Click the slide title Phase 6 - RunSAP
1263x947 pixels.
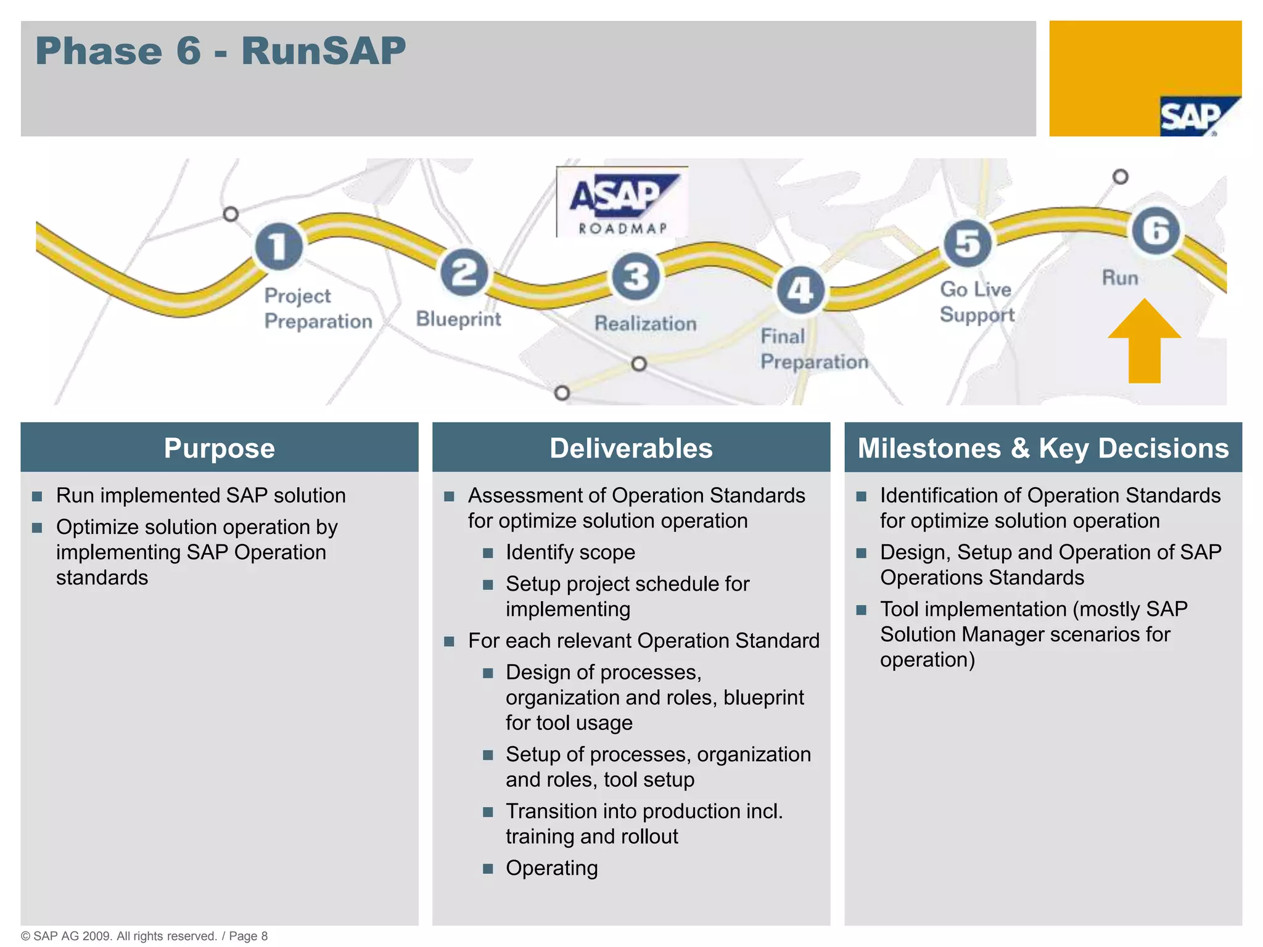[220, 51]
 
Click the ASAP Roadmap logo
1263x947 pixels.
[622, 202]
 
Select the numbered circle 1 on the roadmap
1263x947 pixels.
[279, 246]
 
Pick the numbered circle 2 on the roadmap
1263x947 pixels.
[464, 273]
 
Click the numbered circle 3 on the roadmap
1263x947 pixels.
[635, 276]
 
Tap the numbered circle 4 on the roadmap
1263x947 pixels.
[800, 290]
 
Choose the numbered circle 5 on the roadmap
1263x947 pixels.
[968, 243]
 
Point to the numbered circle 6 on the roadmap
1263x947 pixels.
[1156, 231]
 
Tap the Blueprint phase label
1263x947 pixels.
[458, 319]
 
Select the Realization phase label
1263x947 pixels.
[645, 324]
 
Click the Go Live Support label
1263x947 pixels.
[976, 302]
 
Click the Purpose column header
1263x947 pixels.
[220, 448]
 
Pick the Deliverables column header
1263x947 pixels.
[631, 448]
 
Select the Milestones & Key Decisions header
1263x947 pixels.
[1043, 448]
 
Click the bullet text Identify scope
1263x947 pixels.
[570, 552]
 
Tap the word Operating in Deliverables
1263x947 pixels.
[552, 868]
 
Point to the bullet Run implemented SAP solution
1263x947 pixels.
[201, 496]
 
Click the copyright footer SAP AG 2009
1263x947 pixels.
[144, 936]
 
